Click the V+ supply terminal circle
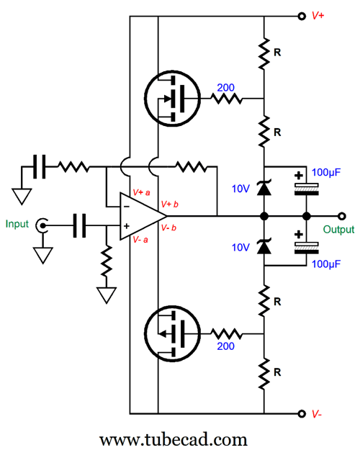302,16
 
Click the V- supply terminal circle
302,413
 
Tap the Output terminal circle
341,216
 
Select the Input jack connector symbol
42,225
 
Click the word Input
17,224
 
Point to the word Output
338,230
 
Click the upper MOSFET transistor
172,99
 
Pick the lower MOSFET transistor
172,333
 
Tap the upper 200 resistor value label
225,88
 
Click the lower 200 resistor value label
225,346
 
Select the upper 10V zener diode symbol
264,188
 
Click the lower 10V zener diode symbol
264,246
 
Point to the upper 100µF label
326,173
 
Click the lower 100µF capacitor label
326,264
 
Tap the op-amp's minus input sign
127,207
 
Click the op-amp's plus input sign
127,226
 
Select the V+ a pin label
141,192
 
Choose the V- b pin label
168,228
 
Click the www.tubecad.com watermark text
173,440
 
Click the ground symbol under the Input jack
42,255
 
